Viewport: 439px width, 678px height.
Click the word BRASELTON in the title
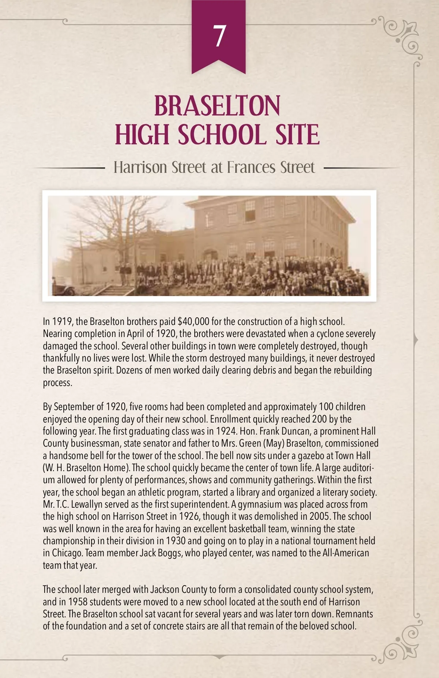[x=217, y=106]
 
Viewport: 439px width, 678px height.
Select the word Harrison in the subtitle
[x=140, y=167]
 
